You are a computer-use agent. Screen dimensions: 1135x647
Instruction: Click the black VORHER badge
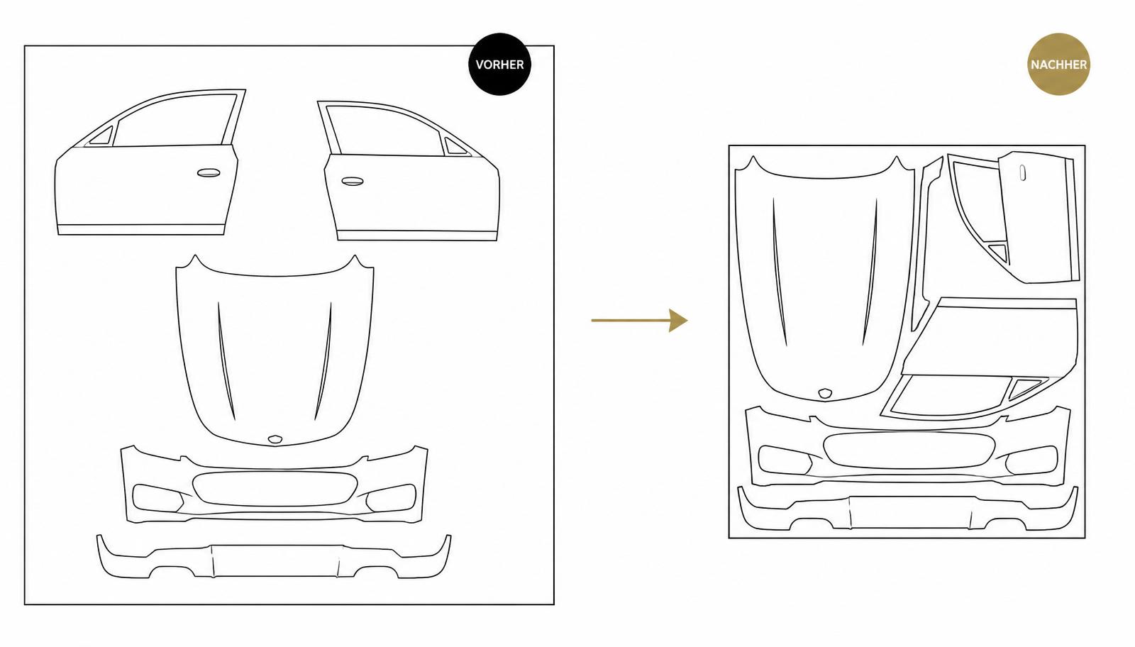[499, 65]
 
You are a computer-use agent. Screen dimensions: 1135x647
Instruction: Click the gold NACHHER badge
[1058, 65]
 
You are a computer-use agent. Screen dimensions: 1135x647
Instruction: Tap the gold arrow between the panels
[639, 320]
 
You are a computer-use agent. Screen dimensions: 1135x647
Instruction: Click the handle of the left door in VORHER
[209, 173]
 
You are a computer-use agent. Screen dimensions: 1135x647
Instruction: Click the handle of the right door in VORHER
[352, 182]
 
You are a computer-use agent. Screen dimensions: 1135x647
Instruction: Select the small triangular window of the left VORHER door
[102, 136]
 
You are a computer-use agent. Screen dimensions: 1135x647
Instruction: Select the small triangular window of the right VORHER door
[455, 146]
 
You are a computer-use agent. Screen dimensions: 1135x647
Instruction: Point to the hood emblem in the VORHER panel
[275, 439]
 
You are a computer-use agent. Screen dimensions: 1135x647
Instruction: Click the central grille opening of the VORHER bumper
[275, 488]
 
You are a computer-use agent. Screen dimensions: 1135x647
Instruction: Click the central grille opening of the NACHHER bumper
[909, 450]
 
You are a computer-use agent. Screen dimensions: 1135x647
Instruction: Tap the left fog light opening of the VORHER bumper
[157, 498]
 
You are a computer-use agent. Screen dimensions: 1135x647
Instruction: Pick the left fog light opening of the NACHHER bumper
[784, 460]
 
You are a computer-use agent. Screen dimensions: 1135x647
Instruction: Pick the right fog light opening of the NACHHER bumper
[1032, 460]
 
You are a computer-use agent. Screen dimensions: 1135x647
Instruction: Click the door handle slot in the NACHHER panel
[1022, 172]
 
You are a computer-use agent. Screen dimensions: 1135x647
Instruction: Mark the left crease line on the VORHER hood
[226, 361]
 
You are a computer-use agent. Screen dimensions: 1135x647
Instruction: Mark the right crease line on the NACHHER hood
[870, 272]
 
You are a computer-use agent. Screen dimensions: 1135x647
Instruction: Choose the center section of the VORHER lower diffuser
[276, 561]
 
